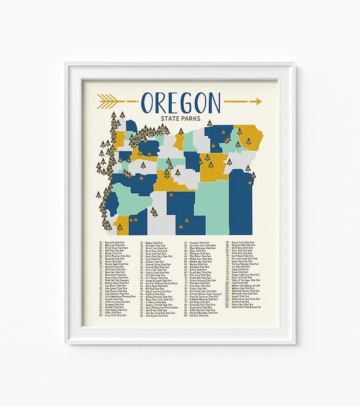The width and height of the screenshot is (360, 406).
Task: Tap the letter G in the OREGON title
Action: (190, 102)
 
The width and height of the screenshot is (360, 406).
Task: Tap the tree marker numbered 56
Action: (250, 182)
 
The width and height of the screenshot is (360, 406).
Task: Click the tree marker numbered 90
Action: (171, 195)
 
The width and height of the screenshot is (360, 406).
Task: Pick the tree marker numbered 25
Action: (181, 220)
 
